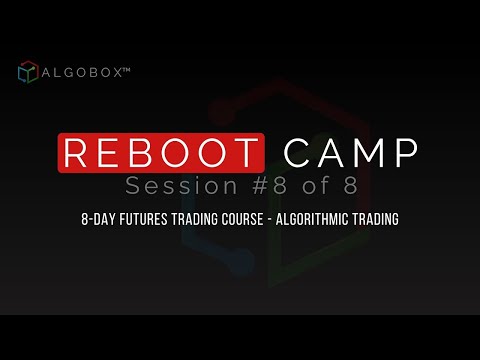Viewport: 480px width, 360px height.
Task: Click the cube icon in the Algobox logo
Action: [27, 73]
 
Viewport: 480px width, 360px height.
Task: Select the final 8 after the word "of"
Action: [345, 186]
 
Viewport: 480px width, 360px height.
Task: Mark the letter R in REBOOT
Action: [77, 153]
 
